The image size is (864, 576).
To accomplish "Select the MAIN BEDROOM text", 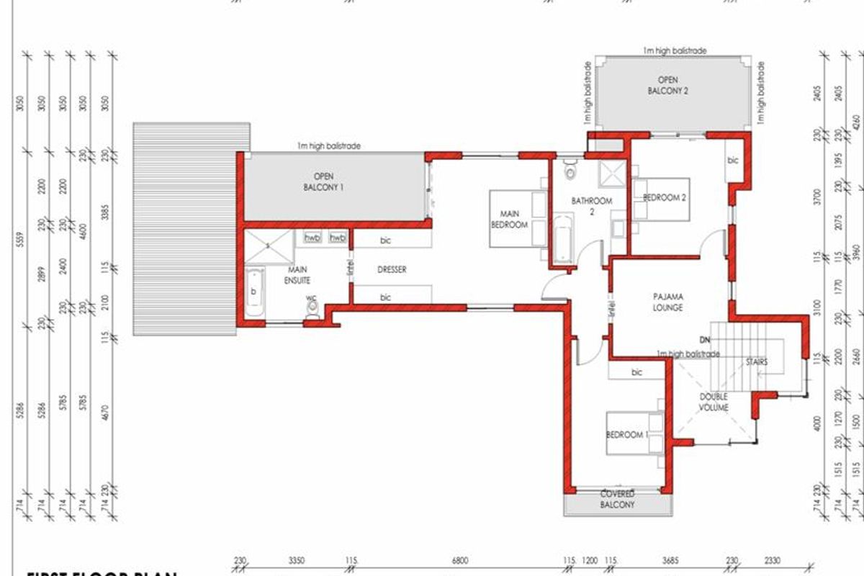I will click(509, 219).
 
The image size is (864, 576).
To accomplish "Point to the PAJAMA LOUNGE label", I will click(667, 302).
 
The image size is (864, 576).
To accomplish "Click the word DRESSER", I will click(392, 270).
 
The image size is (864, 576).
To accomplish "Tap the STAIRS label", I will click(756, 362).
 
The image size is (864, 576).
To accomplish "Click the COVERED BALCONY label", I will click(617, 499).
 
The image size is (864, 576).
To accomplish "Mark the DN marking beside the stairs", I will click(705, 338).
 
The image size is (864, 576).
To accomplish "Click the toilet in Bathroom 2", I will click(571, 171).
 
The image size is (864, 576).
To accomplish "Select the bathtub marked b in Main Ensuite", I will click(253, 292).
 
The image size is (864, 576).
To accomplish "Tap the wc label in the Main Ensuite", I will click(311, 297).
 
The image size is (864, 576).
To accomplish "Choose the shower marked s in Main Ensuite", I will click(268, 246).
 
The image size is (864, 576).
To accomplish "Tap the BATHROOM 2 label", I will click(591, 207).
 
